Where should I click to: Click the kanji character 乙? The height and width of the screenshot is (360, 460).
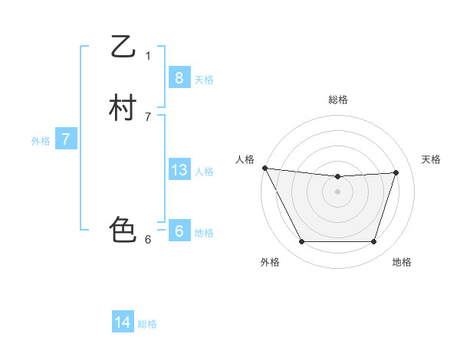point(123,47)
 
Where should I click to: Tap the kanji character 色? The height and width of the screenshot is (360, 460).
point(123,230)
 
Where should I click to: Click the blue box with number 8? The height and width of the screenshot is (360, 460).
point(179,78)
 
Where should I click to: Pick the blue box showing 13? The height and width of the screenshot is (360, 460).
point(179,170)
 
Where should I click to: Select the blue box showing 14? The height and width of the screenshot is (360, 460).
point(123,322)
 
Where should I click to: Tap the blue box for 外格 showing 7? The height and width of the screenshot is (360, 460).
point(66,139)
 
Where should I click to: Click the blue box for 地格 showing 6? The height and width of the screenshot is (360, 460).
point(179,231)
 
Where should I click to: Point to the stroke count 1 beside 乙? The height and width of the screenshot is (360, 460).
point(148,56)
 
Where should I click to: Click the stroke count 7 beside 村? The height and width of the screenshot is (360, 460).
point(148,117)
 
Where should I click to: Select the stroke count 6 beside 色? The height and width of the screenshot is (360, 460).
point(148,240)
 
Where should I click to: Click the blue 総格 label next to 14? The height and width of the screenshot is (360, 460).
point(147,324)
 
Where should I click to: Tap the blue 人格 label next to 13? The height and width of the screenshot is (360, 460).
point(204,172)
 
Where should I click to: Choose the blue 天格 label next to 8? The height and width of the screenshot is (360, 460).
point(204,80)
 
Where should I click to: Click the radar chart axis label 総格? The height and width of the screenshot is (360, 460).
point(338,100)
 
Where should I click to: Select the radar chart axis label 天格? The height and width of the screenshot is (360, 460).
point(431,159)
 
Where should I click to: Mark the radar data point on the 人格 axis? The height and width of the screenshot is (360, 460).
point(264,168)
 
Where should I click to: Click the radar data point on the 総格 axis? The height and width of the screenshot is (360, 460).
point(338,177)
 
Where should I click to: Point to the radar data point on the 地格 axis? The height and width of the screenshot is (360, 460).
point(373,242)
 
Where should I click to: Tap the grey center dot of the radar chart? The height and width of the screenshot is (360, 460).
point(338,192)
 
